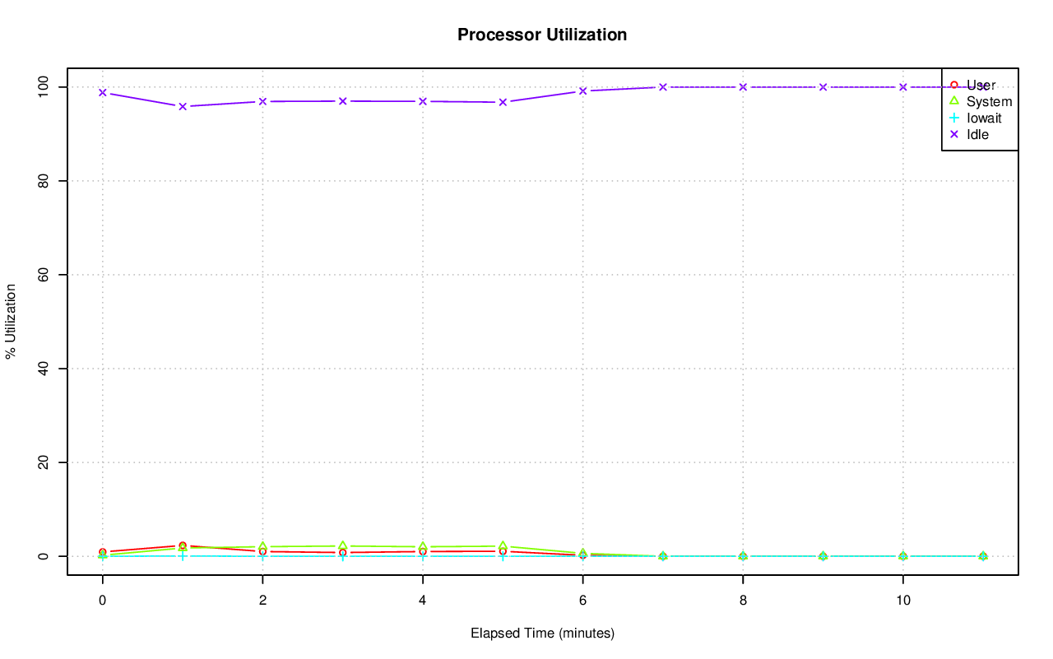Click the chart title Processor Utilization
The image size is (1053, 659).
pos(542,35)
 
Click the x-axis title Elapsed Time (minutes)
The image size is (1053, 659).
pos(542,633)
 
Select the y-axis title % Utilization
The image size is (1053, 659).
pos(12,321)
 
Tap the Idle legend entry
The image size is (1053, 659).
pos(977,134)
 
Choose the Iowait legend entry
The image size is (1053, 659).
pos(984,118)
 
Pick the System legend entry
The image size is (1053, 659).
pos(989,101)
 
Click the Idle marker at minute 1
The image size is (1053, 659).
pos(183,106)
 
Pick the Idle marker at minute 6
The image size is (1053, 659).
pos(582,90)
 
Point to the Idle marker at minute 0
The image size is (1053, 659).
pos(103,92)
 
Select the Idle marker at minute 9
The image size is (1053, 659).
pos(823,87)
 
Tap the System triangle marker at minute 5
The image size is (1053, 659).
pos(503,546)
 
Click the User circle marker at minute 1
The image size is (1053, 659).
pos(183,545)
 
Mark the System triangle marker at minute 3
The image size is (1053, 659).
pos(342,546)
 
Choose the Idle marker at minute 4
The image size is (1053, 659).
pos(423,101)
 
